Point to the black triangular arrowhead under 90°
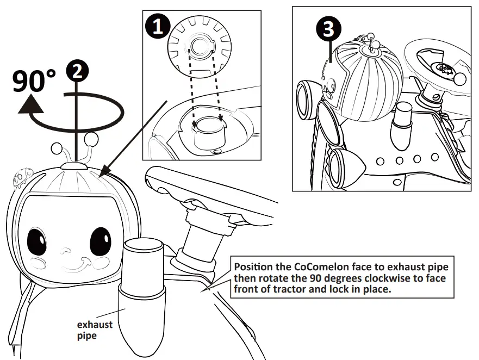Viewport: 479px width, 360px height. point(32,104)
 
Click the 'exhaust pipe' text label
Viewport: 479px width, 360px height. point(95,330)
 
